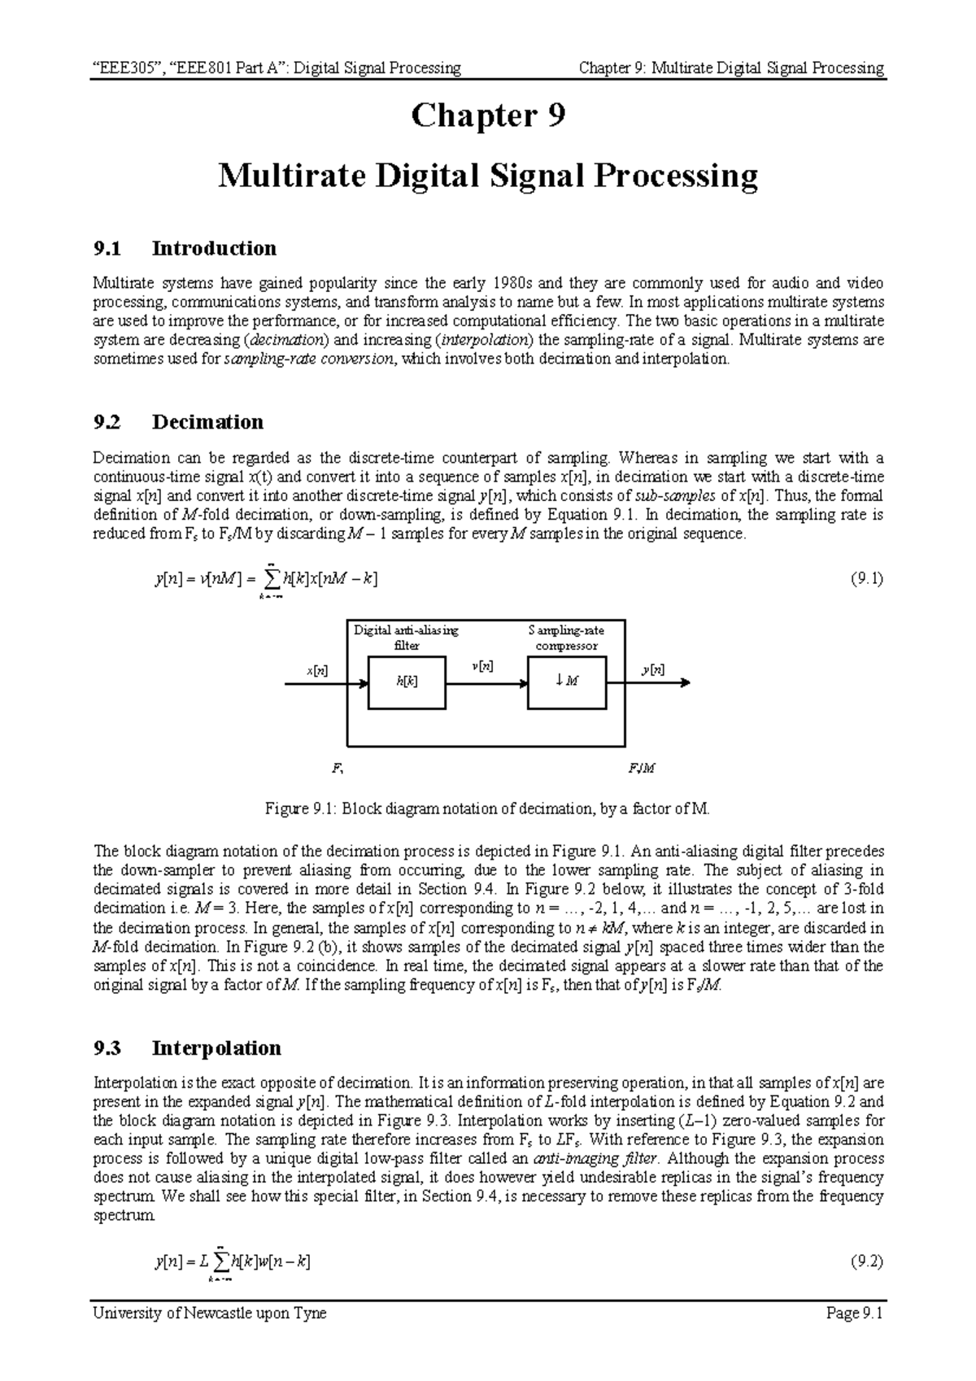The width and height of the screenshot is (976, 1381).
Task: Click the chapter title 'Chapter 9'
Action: click(487, 116)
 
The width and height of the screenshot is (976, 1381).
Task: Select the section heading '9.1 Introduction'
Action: click(185, 248)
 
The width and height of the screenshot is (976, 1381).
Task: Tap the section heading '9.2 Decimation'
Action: click(179, 422)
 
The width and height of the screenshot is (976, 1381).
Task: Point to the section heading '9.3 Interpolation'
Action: click(188, 1048)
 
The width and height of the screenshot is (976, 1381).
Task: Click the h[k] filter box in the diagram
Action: click(407, 682)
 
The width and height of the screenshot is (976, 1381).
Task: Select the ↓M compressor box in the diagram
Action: click(566, 682)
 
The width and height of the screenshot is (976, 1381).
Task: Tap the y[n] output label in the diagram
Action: click(652, 669)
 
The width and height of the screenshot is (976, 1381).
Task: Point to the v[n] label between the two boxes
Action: click(482, 666)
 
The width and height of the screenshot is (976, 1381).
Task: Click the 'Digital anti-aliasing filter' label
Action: click(406, 638)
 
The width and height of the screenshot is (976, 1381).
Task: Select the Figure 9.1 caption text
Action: click(488, 809)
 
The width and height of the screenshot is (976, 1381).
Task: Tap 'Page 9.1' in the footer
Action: click(853, 1313)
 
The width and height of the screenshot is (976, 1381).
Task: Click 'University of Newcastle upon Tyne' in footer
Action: click(210, 1313)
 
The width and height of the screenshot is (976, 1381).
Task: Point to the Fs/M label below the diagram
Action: click(642, 768)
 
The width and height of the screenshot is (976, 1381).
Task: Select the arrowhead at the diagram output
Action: click(685, 683)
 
